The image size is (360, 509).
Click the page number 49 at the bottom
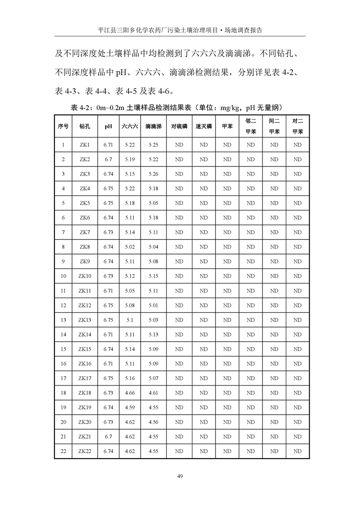(x=180, y=476)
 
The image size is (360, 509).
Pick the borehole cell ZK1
(x=85, y=145)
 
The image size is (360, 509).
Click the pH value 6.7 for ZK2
(x=108, y=159)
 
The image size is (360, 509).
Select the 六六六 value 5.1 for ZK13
(x=129, y=320)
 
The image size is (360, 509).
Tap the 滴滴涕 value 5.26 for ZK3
(x=153, y=174)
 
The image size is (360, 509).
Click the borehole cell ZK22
(x=85, y=451)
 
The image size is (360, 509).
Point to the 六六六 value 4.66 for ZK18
(x=129, y=393)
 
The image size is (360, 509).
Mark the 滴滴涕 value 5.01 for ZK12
(x=153, y=305)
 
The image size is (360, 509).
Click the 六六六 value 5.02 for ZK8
(x=129, y=247)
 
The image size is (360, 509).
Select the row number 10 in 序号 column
(x=63, y=276)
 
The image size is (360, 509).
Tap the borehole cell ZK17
(x=85, y=378)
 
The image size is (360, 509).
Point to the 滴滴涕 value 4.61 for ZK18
(x=153, y=393)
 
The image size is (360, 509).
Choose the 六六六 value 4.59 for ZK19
(x=129, y=407)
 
